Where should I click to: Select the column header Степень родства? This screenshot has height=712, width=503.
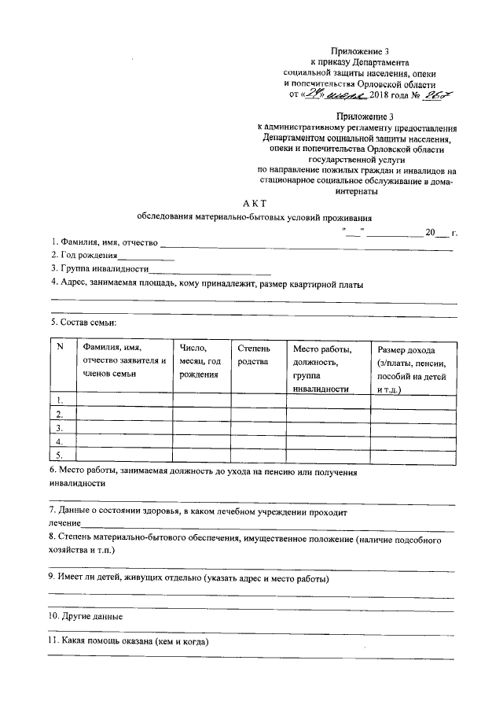(x=252, y=355)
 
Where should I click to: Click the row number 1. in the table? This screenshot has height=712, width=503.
(x=60, y=400)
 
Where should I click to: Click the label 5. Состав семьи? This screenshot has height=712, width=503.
(x=84, y=323)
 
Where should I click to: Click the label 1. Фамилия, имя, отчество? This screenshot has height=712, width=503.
(x=105, y=242)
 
